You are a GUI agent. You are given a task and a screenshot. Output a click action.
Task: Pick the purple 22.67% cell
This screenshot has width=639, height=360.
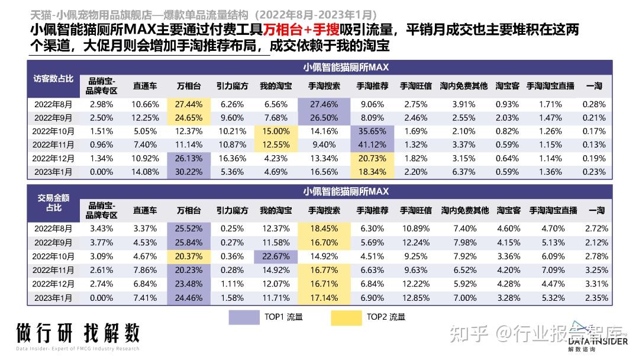click(x=276, y=256)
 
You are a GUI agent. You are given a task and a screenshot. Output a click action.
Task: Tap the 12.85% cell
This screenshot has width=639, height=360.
click(x=415, y=297)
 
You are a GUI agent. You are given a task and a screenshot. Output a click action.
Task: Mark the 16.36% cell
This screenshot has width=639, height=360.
click(x=232, y=158)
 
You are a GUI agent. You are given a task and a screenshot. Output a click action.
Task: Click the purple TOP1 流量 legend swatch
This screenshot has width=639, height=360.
click(x=244, y=317)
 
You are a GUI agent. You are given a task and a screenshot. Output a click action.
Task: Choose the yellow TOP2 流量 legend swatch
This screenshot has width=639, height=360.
click(x=346, y=317)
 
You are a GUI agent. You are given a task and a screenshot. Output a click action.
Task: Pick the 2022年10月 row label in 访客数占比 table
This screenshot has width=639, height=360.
click(x=54, y=131)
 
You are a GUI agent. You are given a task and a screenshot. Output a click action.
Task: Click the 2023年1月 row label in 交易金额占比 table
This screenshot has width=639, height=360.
click(x=54, y=297)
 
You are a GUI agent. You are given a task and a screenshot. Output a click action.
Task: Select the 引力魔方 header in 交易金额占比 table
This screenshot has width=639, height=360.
click(x=232, y=210)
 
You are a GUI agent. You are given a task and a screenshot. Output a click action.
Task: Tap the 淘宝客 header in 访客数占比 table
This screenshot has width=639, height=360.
click(x=508, y=86)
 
